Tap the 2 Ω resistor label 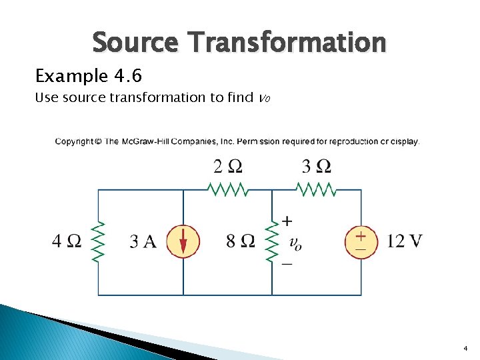[228, 166]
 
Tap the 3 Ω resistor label [317, 166]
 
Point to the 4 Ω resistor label [66, 241]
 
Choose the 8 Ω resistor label [240, 241]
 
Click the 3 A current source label [143, 241]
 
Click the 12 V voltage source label [405, 240]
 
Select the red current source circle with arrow [183, 241]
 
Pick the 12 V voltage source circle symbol [361, 241]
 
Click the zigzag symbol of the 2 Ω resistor [228, 190]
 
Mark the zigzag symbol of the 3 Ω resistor [317, 190]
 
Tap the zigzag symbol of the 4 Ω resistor [99, 241]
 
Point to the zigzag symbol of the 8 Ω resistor [271, 241]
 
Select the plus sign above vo [287, 221]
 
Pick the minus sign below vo [287, 264]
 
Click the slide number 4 [465, 349]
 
